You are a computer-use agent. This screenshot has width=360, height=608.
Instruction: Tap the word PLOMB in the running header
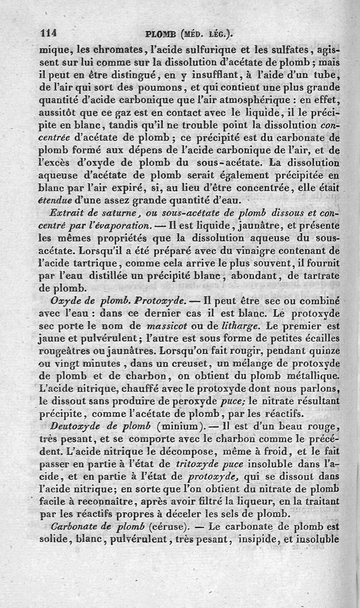[x=161, y=33]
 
